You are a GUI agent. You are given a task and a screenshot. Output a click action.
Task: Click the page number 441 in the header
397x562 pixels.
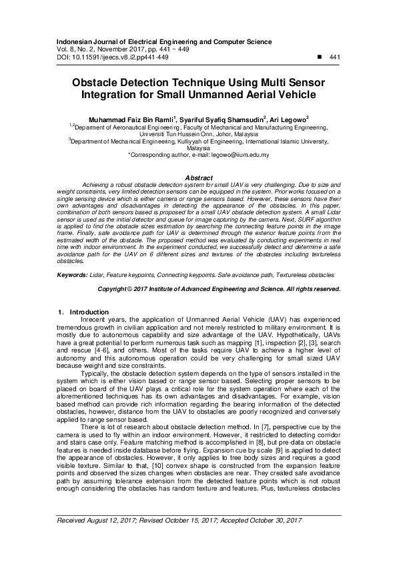click(x=336, y=58)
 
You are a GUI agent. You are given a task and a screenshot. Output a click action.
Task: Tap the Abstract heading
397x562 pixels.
click(x=198, y=178)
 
